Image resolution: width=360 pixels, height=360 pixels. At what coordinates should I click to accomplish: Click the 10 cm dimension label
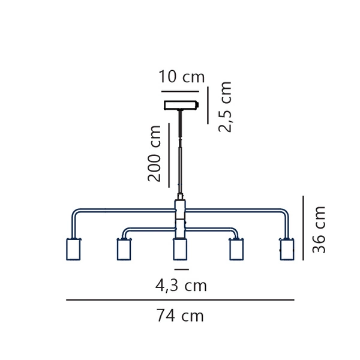pyautogui.click(x=181, y=77)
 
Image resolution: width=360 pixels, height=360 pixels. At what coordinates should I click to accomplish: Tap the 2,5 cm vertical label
pyautogui.click(x=225, y=106)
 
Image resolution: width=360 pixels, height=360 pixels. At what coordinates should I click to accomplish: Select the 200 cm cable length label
pyautogui.click(x=155, y=153)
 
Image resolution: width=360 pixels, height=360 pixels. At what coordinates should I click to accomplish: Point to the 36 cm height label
pyautogui.click(x=320, y=229)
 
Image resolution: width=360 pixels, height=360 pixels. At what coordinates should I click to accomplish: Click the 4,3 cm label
pyautogui.click(x=181, y=286)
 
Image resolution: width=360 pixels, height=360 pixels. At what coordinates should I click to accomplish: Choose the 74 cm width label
pyautogui.click(x=180, y=316)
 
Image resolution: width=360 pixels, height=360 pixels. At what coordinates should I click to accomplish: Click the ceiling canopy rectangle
pyautogui.click(x=181, y=105)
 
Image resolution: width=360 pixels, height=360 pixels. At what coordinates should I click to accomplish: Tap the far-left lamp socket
pyautogui.click(x=73, y=249)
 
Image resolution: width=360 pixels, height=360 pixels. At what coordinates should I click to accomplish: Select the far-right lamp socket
pyautogui.click(x=287, y=249)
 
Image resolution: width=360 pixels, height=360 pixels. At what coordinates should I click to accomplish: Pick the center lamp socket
pyautogui.click(x=180, y=249)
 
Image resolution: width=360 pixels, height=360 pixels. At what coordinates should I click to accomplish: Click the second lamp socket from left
pyautogui.click(x=124, y=249)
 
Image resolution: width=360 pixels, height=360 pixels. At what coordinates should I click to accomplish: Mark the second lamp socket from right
pyautogui.click(x=236, y=249)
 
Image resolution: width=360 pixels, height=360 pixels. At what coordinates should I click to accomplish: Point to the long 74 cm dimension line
pyautogui.click(x=180, y=300)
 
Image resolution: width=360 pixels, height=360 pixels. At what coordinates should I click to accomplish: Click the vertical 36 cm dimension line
pyautogui.click(x=303, y=228)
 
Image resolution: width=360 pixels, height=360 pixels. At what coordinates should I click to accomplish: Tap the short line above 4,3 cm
pyautogui.click(x=181, y=269)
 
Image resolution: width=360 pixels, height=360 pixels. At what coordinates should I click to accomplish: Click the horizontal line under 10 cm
pyautogui.click(x=180, y=91)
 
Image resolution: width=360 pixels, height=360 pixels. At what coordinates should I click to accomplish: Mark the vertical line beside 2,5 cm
pyautogui.click(x=208, y=106)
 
